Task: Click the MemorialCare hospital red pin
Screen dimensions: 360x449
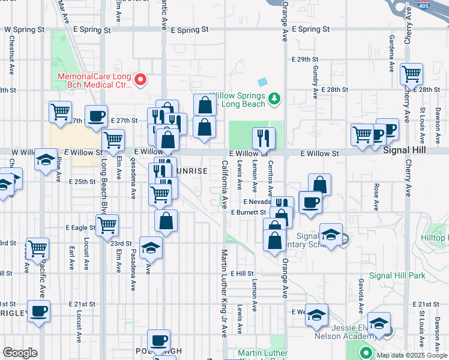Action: (x=140, y=79)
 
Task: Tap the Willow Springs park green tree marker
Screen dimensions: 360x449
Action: (x=274, y=97)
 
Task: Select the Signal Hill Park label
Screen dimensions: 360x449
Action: (x=397, y=275)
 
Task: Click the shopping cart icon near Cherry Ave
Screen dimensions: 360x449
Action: (x=411, y=74)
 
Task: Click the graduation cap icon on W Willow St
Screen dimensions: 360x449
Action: (x=46, y=160)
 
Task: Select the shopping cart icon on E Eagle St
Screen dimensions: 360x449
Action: (x=107, y=225)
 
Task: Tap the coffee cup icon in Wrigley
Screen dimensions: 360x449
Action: (x=39, y=311)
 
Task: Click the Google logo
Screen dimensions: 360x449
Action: (x=20, y=353)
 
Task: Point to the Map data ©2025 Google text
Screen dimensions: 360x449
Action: (x=411, y=355)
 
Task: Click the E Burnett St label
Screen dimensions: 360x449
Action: (x=248, y=212)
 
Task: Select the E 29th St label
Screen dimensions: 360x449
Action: (x=304, y=59)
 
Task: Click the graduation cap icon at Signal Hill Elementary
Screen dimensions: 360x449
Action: (x=331, y=235)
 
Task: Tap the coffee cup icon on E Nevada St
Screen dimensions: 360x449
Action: (x=310, y=202)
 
